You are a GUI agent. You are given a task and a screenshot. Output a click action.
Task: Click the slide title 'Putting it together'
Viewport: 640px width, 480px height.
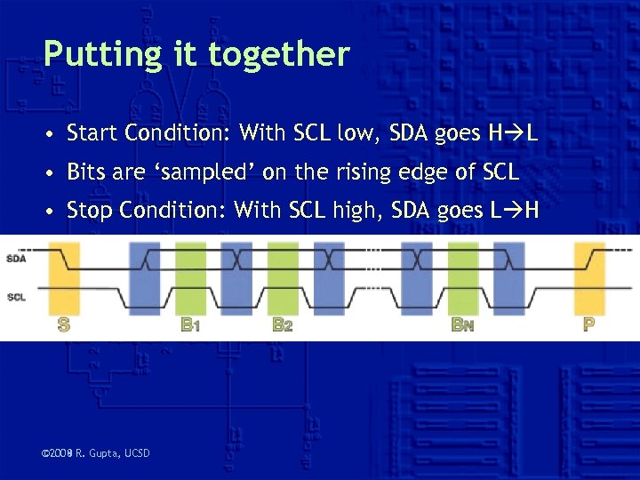196,54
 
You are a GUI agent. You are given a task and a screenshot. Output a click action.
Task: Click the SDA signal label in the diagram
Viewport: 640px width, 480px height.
16,259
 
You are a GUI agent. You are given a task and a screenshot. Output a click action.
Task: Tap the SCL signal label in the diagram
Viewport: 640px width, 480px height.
16,297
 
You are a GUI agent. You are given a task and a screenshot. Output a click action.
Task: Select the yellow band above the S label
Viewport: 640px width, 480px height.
63,276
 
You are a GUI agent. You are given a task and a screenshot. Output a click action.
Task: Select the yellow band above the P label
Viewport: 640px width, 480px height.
589,276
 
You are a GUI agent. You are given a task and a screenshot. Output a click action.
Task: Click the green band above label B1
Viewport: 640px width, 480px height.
190,276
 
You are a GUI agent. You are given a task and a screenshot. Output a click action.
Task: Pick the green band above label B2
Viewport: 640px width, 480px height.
283,276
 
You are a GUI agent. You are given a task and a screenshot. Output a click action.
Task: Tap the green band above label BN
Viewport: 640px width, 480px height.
462,276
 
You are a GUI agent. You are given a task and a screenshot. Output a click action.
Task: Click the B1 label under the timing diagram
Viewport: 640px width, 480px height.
190,325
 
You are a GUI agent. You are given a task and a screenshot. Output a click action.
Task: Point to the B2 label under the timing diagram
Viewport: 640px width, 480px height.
283,325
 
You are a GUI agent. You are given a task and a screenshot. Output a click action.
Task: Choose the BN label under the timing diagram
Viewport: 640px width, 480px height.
462,325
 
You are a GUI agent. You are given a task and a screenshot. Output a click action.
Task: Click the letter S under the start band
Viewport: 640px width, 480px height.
63,325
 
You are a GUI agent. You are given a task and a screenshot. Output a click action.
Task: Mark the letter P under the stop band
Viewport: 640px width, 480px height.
588,325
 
